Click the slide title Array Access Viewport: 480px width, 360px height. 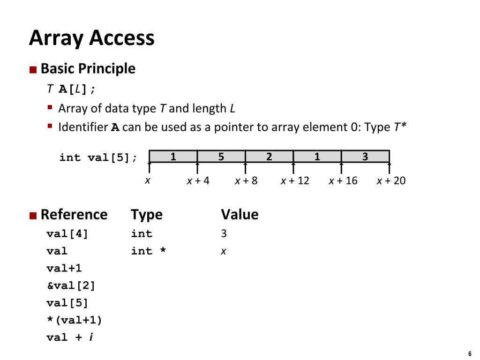(91, 37)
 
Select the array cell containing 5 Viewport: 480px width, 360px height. (221, 157)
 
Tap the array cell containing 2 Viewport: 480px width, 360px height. (269, 157)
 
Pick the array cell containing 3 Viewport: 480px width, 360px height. (365, 157)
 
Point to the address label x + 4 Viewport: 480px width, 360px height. (198, 180)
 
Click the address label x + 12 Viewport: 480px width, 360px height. (295, 180)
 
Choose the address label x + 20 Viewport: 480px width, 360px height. (391, 180)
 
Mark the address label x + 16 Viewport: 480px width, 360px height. (343, 180)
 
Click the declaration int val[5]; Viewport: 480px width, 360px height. (98, 157)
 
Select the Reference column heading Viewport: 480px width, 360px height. (74, 214)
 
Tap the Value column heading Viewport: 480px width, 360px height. (240, 214)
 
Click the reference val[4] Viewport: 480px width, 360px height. (67, 233)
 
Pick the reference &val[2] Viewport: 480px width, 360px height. (71, 285)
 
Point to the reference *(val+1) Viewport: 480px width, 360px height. (74, 320)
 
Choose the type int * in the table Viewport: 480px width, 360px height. (149, 251)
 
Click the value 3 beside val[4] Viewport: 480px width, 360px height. (224, 233)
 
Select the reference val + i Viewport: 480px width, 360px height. (69, 337)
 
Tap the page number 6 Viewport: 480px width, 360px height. (469, 353)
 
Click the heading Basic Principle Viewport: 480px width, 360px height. (88, 68)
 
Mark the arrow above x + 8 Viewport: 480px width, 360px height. (246, 167)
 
